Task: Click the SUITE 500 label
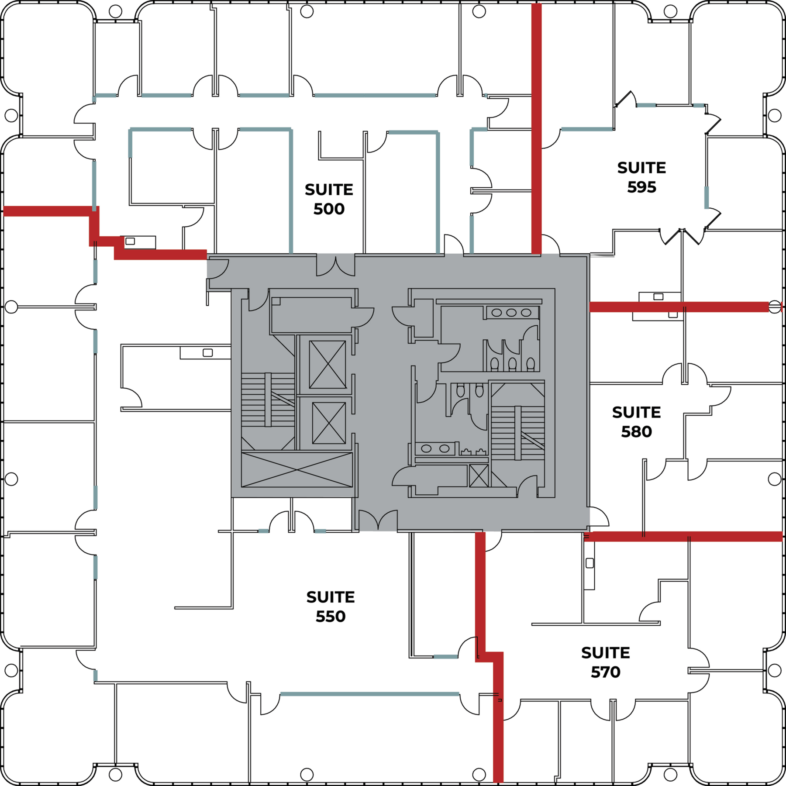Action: pyautogui.click(x=329, y=199)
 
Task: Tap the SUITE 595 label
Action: pyautogui.click(x=641, y=177)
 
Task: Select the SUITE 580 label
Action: pyautogui.click(x=636, y=422)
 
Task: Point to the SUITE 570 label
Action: pyautogui.click(x=605, y=662)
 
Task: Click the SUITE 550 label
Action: pyautogui.click(x=331, y=607)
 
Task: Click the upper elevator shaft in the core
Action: pyautogui.click(x=327, y=365)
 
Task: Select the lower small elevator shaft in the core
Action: pyautogui.click(x=329, y=423)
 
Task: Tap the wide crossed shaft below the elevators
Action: pyautogui.click(x=297, y=470)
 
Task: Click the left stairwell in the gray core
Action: pyautogui.click(x=268, y=400)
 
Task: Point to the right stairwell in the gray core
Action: pyautogui.click(x=518, y=433)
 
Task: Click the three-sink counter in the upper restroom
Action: pyautogui.click(x=511, y=313)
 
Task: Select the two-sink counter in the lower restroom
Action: pyautogui.click(x=435, y=448)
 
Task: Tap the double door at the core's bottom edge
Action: pyautogui.click(x=378, y=521)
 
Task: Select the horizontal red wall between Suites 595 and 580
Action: pyautogui.click(x=679, y=307)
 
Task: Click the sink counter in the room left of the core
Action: pyautogui.click(x=205, y=352)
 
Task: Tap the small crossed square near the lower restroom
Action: pyautogui.click(x=479, y=476)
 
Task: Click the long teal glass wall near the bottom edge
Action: pyautogui.click(x=369, y=694)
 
